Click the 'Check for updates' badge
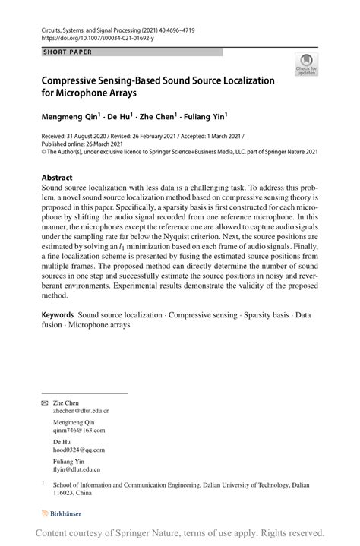pyautogui.click(x=307, y=65)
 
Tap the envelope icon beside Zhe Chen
pyautogui.click(x=44, y=402)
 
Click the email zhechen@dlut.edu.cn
pyautogui.click(x=81, y=411)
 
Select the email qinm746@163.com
pyautogui.click(x=79, y=430)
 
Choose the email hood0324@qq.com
pyautogui.click(x=78, y=449)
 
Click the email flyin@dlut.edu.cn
pyautogui.click(x=77, y=469)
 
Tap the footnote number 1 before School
pyautogui.click(x=43, y=482)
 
